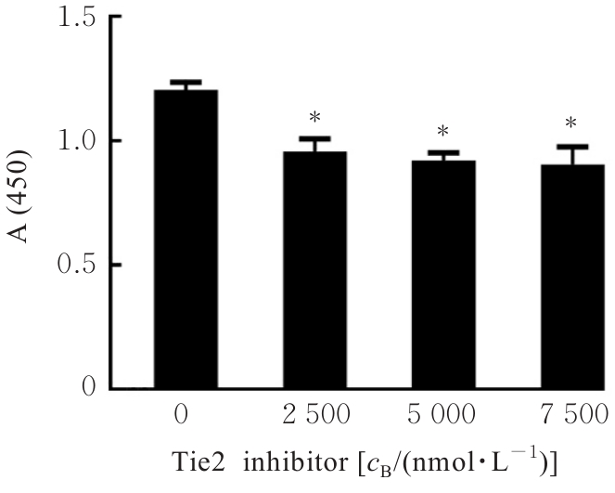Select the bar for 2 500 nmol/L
click(314, 269)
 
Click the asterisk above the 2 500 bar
click(314, 118)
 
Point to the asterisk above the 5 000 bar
click(443, 131)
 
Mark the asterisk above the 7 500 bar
click(572, 123)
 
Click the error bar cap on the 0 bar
click(186, 83)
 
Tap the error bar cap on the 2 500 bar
click(314, 138)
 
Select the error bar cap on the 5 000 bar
click(443, 152)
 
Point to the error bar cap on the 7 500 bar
click(572, 147)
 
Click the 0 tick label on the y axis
click(88, 387)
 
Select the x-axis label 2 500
click(314, 413)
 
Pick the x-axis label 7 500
click(572, 413)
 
